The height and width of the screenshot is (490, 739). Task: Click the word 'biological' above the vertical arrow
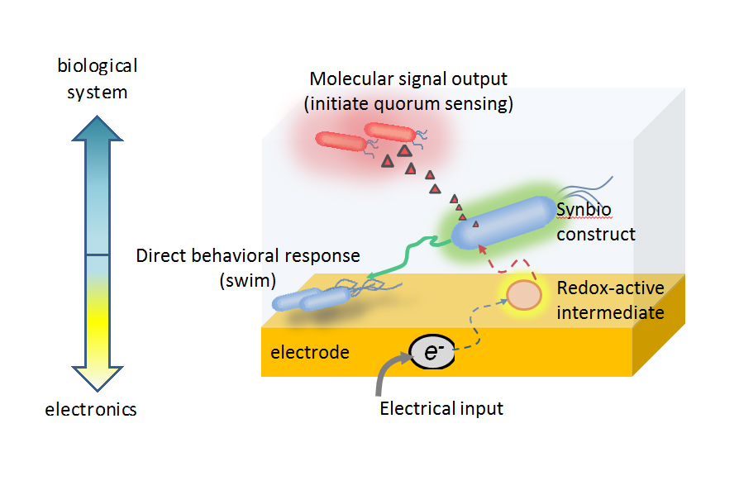point(97,66)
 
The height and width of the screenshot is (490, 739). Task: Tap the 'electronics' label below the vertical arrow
point(90,409)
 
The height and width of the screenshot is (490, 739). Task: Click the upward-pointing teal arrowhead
point(97,128)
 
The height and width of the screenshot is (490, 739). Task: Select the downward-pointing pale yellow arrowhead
point(97,378)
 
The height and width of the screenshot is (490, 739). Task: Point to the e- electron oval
point(432,352)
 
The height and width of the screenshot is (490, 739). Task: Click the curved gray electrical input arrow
point(386,371)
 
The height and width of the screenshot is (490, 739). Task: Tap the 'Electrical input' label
point(441,408)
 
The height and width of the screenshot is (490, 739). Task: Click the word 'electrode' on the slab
point(310,353)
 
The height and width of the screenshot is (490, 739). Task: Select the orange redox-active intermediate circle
point(523,295)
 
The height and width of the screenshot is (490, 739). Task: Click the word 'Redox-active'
point(610,288)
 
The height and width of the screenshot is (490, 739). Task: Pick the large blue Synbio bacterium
point(503,222)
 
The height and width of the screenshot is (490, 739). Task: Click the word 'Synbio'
point(584,210)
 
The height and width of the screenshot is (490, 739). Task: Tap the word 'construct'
point(596,234)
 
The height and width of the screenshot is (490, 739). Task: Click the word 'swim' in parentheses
point(248,281)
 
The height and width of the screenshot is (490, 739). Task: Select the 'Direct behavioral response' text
point(248,255)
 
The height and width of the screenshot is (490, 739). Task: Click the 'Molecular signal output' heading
point(408,79)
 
